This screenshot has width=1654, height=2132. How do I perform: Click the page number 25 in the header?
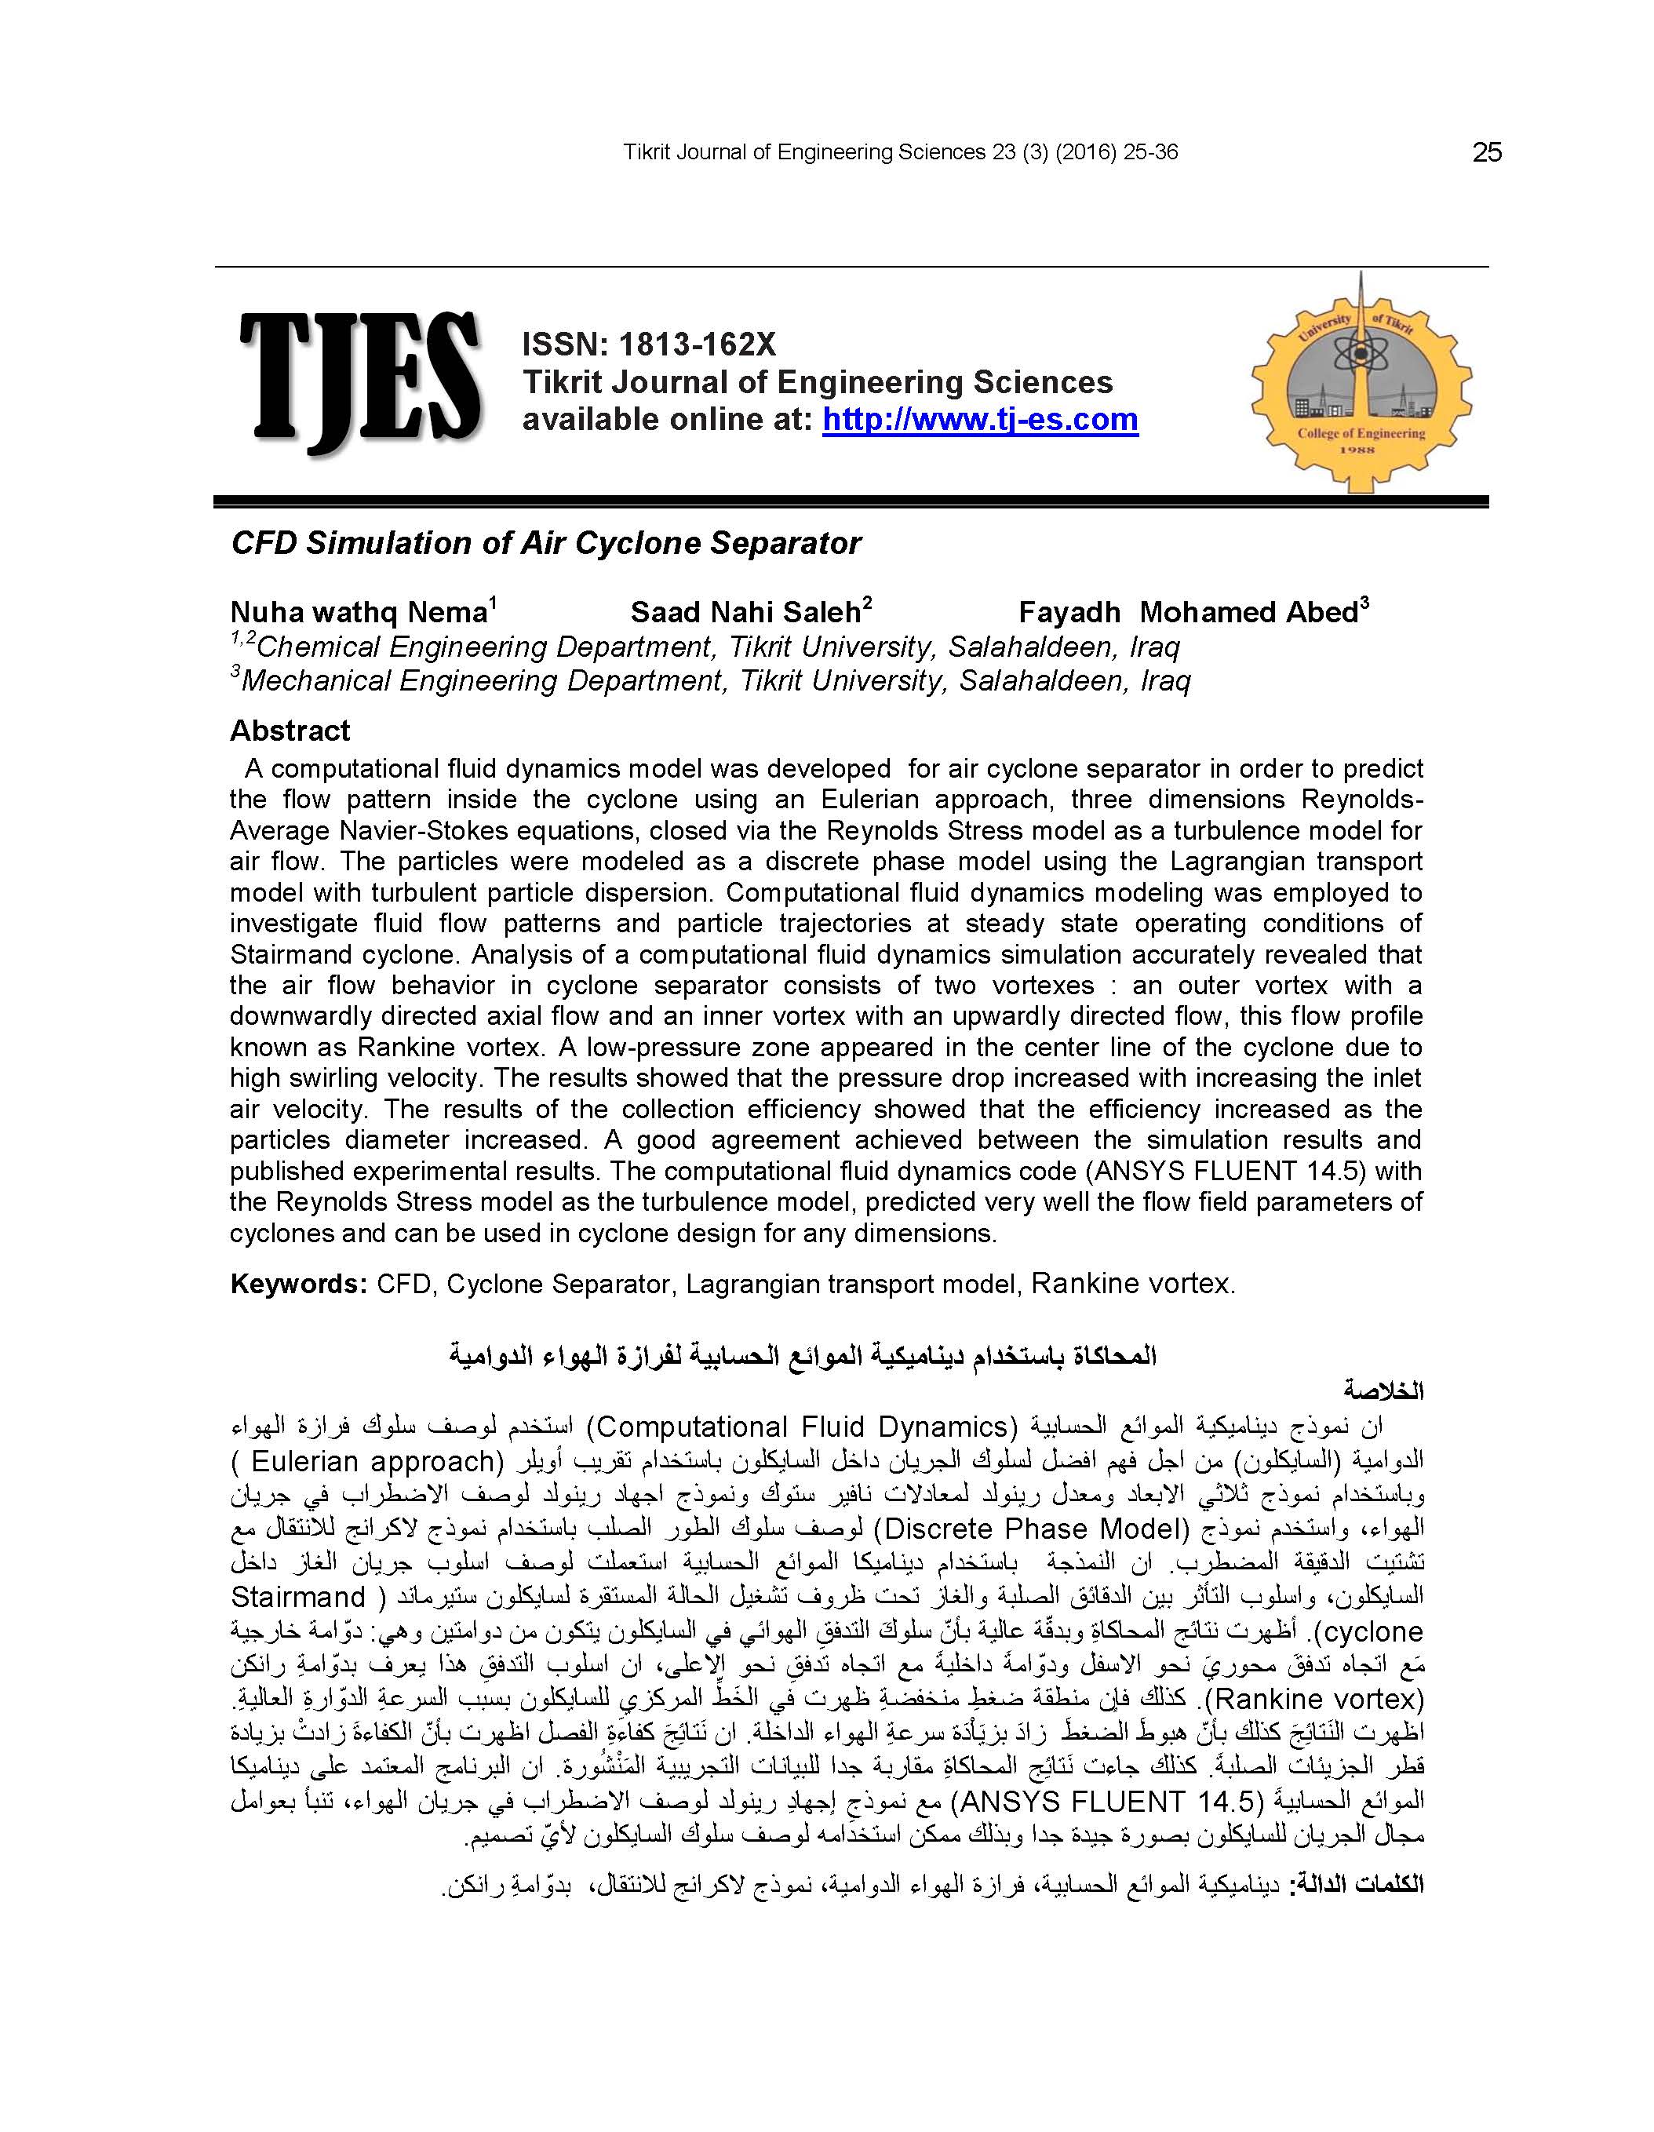coord(1486,152)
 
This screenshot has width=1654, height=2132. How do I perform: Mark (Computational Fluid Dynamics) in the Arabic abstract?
coord(803,1427)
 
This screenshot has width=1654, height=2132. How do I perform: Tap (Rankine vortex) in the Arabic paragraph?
coord(1315,1700)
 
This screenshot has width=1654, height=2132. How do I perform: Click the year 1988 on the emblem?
coord(1358,450)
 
